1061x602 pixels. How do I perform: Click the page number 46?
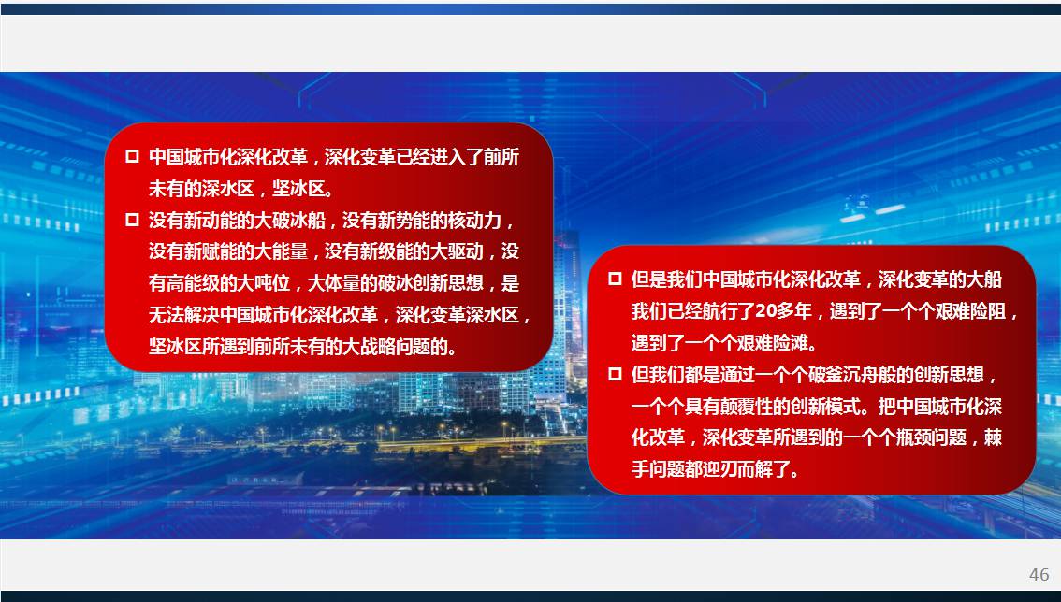click(1039, 574)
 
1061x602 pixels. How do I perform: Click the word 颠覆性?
click(747, 406)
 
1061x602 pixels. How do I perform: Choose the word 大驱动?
click(457, 251)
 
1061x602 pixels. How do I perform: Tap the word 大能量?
click(281, 251)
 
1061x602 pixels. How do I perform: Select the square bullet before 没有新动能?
click(132, 220)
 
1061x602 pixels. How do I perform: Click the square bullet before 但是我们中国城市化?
click(615, 279)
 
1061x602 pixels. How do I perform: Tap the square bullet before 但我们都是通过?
click(615, 374)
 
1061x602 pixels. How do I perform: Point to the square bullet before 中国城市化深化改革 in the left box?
click(132, 157)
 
